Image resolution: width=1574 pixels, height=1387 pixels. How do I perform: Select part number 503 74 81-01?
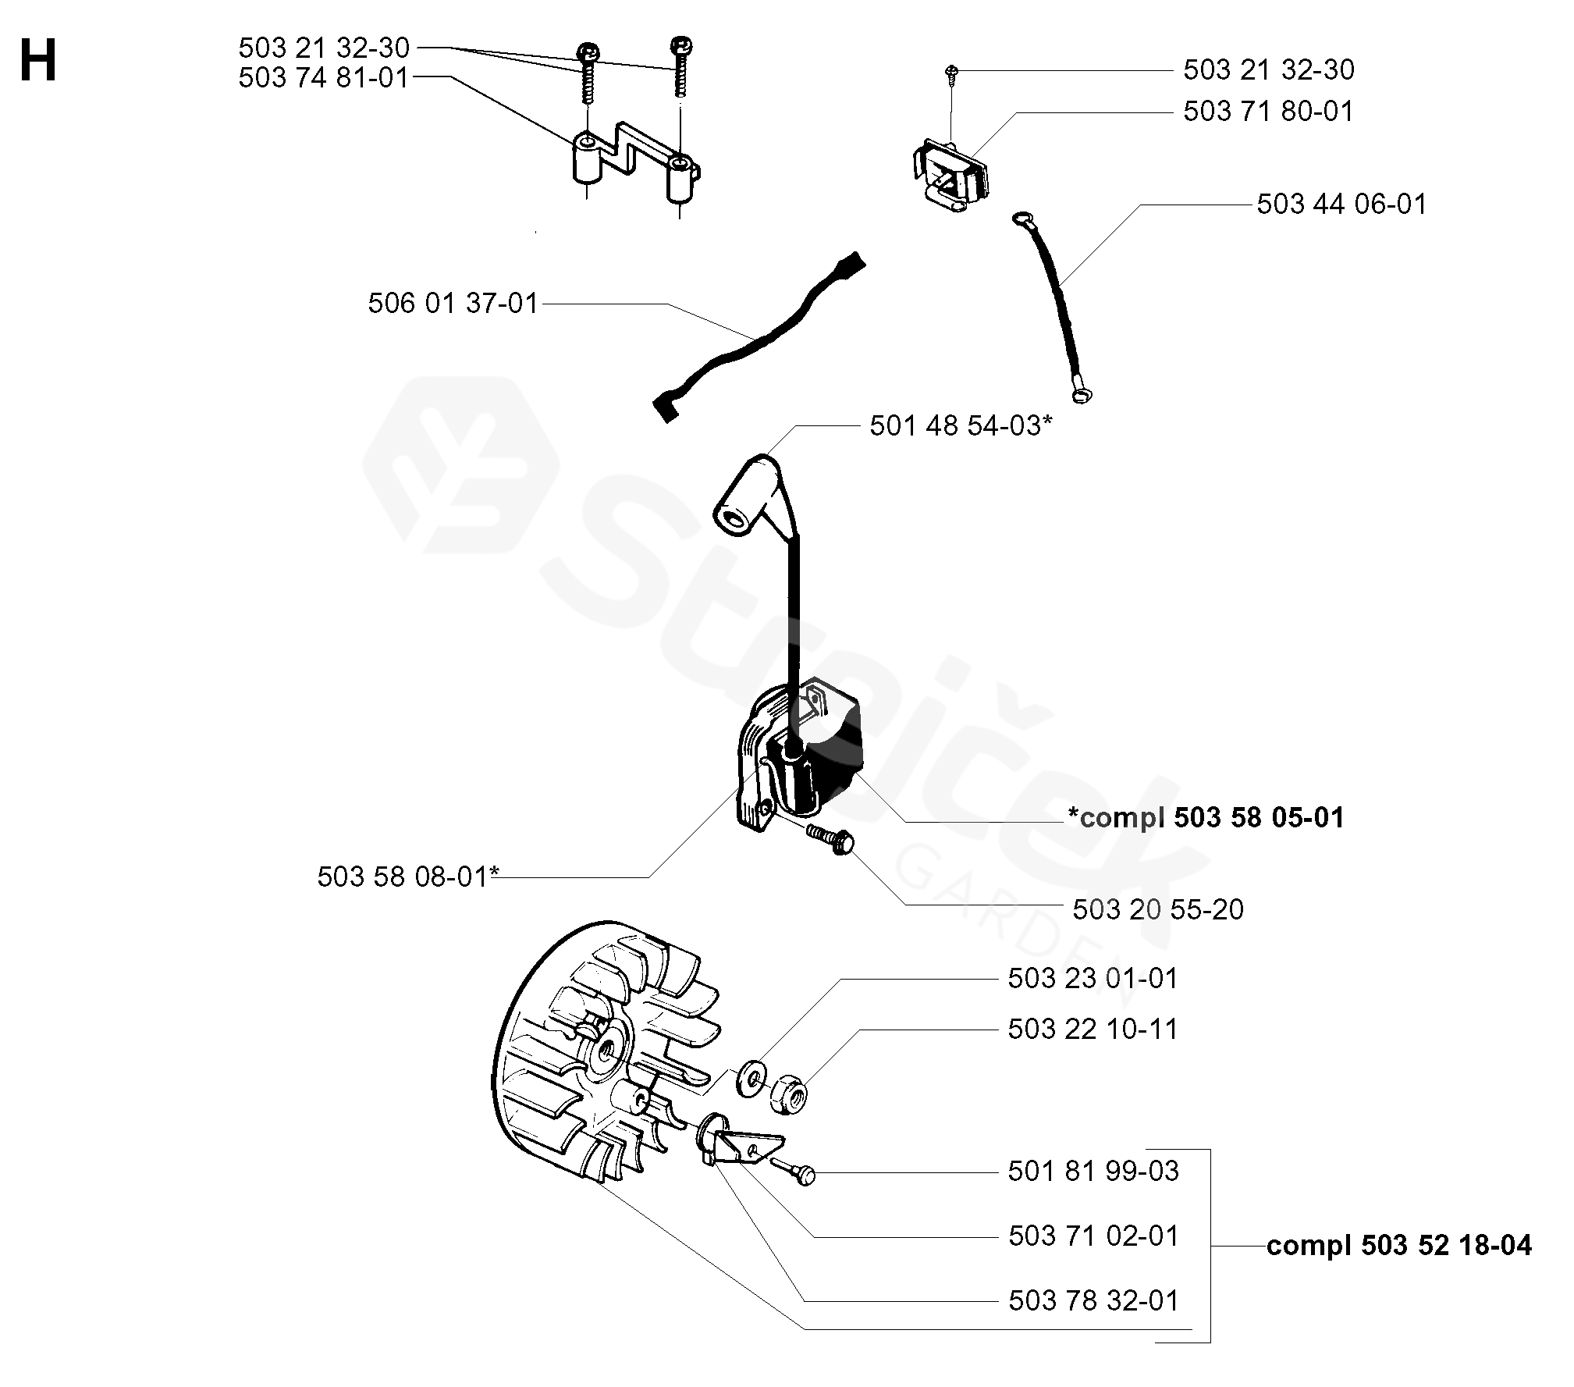(323, 78)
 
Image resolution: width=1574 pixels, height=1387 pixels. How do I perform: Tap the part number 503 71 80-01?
(1268, 112)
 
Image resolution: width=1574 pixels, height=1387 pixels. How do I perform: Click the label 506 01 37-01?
(453, 304)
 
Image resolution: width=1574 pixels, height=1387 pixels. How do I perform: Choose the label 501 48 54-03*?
(961, 426)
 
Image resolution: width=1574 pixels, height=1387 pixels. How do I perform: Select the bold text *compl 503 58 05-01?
(1206, 818)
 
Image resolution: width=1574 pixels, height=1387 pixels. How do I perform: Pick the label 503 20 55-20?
(1158, 910)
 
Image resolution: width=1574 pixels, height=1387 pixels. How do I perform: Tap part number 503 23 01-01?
(1093, 979)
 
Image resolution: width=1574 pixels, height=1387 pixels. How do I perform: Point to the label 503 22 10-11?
(1093, 1030)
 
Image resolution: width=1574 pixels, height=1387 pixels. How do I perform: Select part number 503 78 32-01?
(1093, 1301)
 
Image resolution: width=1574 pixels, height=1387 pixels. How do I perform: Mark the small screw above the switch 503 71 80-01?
(952, 72)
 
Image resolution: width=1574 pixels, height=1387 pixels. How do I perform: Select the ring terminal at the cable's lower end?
(1081, 397)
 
